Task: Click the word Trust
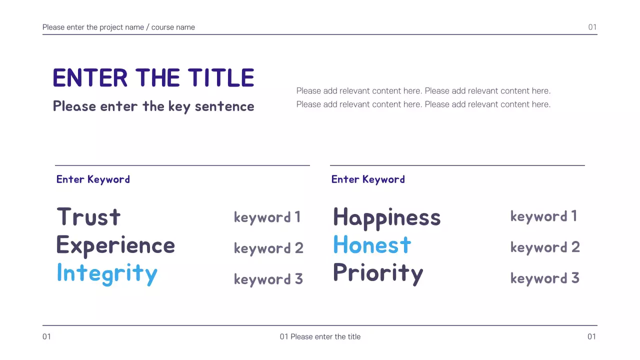(x=88, y=217)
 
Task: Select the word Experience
(x=115, y=245)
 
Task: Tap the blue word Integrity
(x=107, y=273)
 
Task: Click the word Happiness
(x=386, y=217)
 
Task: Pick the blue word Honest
(x=372, y=245)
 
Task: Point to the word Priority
(x=378, y=273)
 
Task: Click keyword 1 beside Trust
(x=267, y=217)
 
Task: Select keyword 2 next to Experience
(x=268, y=248)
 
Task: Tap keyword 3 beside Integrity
(x=268, y=279)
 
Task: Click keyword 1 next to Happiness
(x=543, y=216)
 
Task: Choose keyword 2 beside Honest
(x=545, y=247)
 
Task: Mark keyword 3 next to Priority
(x=544, y=278)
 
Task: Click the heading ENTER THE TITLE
(x=153, y=78)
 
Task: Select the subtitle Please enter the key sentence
(x=153, y=106)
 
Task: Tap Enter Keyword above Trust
(x=93, y=179)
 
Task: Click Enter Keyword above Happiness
(x=368, y=179)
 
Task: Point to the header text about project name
(x=118, y=27)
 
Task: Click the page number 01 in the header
(x=592, y=27)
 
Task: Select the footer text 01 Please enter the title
(x=320, y=337)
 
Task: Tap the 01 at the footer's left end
(x=46, y=337)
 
